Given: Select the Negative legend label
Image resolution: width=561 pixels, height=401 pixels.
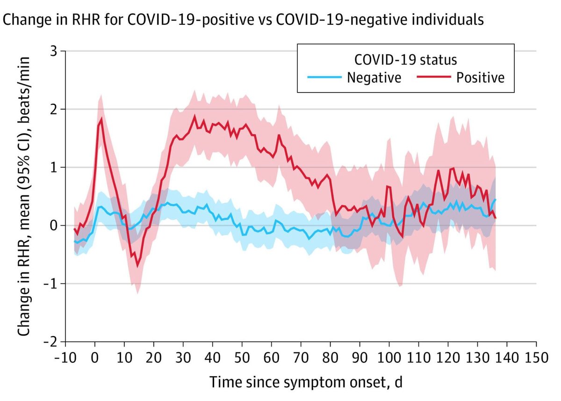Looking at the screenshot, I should [x=374, y=77].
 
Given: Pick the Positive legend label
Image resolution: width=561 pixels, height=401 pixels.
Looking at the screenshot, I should [x=480, y=77].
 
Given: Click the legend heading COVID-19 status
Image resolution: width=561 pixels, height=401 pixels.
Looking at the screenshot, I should [x=406, y=60].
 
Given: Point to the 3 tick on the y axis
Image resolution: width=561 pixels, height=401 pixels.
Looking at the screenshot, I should [x=55, y=51].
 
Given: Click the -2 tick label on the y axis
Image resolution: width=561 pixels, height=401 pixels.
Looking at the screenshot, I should [x=52, y=342].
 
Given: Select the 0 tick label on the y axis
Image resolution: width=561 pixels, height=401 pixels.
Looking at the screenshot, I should [x=55, y=225].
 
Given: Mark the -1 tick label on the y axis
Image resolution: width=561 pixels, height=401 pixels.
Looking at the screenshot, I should [x=52, y=284].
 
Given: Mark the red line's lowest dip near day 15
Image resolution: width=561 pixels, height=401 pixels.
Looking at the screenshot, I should [x=137, y=266].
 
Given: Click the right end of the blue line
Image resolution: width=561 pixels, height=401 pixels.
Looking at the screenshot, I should [x=495, y=200].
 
